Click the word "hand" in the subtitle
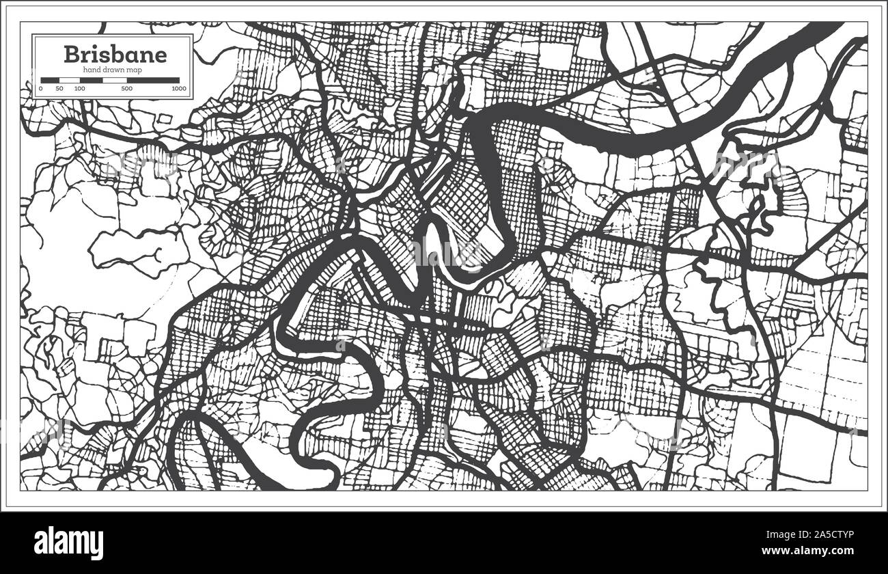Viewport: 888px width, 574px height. point(92,70)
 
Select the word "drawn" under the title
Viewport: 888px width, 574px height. point(113,70)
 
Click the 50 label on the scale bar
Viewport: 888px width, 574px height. point(59,88)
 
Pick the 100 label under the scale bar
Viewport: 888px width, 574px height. point(80,88)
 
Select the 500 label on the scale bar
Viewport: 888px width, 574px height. point(127,88)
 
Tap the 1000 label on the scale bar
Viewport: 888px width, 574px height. point(179,88)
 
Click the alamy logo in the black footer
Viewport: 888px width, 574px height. point(69,544)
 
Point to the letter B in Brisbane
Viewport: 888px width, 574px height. point(71,54)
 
